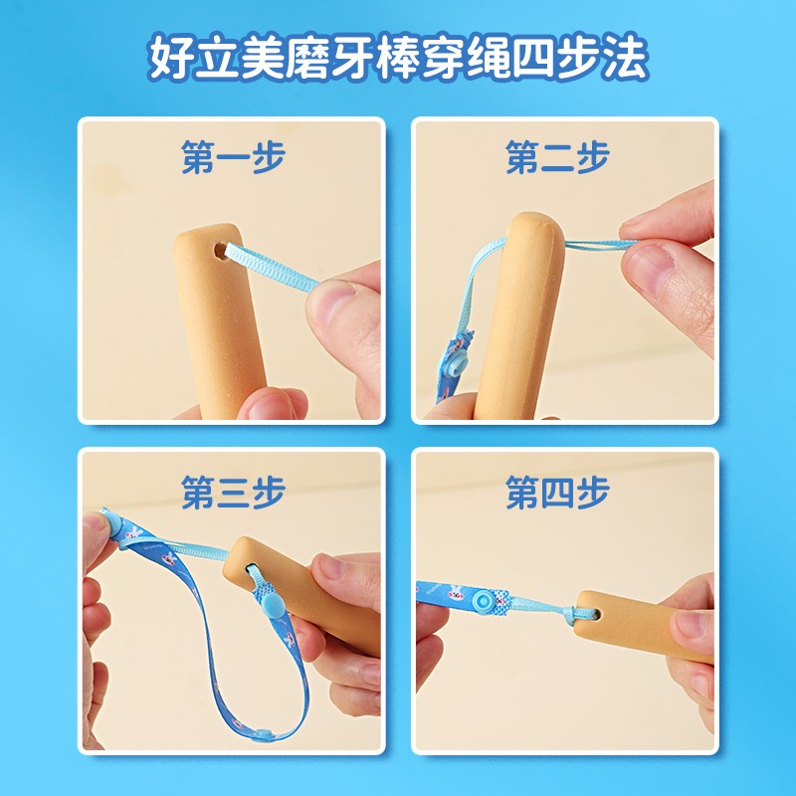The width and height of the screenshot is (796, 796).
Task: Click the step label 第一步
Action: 233,156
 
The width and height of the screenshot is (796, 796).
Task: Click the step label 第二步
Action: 557,156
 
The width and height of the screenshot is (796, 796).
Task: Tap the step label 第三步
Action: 233,492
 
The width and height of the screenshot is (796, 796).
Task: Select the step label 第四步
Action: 557,492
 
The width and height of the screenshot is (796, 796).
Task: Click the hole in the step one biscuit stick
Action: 221,251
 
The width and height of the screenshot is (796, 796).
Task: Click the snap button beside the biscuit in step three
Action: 273,606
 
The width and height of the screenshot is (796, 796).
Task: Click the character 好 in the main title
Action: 169,57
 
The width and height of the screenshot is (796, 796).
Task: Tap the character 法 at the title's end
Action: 626,57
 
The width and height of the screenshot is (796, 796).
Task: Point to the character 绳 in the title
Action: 489,57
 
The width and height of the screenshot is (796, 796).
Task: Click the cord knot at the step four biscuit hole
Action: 578,613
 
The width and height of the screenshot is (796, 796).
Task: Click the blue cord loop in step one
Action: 273,267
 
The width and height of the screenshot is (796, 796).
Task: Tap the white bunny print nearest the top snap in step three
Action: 133,533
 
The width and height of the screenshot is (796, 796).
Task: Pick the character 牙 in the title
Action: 352,57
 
